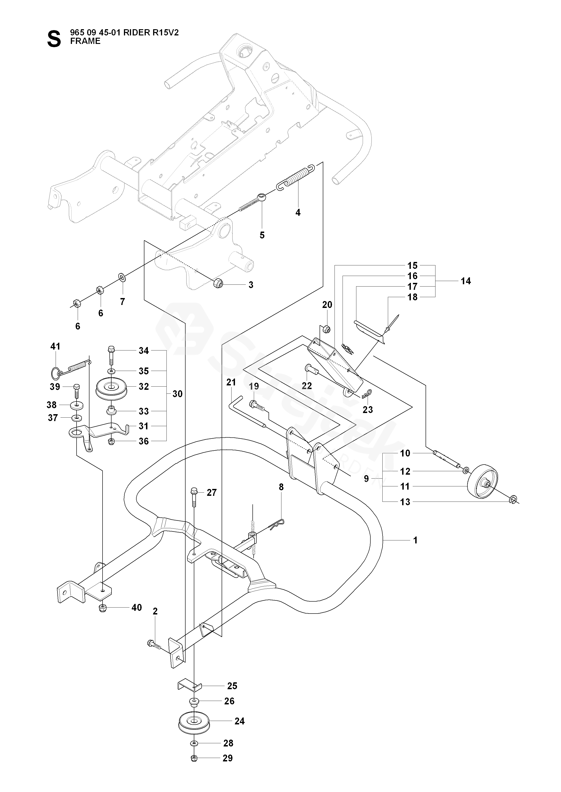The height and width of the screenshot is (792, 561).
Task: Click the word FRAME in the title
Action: click(85, 41)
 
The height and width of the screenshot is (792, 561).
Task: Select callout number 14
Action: click(466, 281)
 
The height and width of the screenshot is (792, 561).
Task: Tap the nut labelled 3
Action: click(218, 283)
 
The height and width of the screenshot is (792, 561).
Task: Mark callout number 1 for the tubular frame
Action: click(415, 540)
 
